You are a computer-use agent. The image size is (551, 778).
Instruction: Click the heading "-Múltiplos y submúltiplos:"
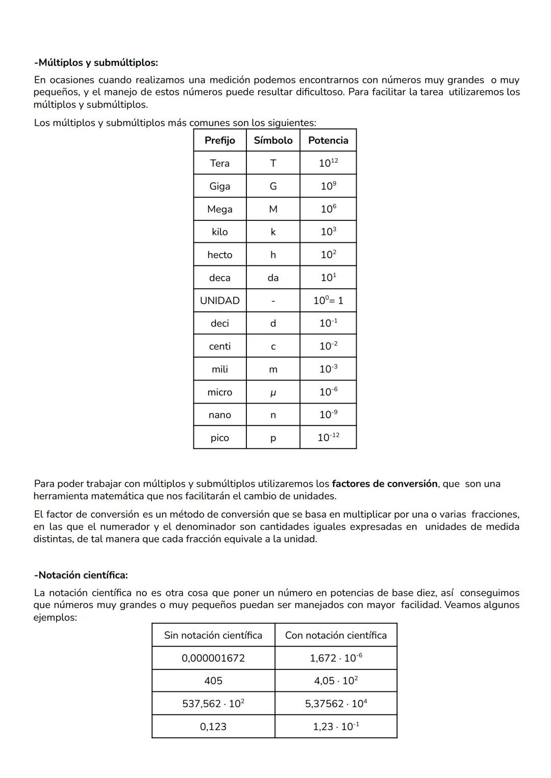(96, 63)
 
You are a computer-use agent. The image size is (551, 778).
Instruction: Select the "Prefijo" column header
(219, 140)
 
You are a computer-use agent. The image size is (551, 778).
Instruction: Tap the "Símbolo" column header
(273, 140)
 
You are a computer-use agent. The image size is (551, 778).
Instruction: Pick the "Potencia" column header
(328, 140)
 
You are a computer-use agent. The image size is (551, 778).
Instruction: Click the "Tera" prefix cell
(219, 163)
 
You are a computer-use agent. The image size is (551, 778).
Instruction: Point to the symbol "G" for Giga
(273, 186)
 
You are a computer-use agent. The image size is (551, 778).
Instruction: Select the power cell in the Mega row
(328, 209)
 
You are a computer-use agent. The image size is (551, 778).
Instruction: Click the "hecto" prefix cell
(219, 255)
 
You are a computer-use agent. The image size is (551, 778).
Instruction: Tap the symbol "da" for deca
(273, 278)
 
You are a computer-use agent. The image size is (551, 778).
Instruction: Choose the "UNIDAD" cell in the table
(219, 300)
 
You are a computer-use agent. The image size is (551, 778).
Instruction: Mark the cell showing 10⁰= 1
(328, 300)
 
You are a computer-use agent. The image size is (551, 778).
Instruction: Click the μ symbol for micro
(273, 392)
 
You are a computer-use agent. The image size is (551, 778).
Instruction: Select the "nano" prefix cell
(219, 415)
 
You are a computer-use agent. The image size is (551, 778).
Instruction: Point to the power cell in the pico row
(328, 438)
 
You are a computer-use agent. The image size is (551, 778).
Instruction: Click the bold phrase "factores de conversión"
(385, 484)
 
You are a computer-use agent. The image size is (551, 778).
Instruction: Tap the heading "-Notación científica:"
(81, 575)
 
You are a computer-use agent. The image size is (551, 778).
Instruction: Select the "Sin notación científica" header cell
(213, 635)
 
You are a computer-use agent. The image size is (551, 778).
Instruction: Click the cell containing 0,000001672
(213, 658)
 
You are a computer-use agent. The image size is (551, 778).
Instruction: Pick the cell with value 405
(213, 681)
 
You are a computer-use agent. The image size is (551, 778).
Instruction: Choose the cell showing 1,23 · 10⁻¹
(336, 726)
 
